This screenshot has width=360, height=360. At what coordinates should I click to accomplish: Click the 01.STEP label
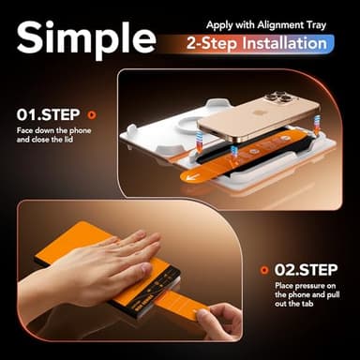click(48, 115)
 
